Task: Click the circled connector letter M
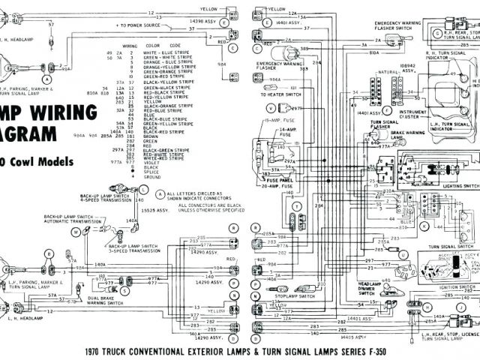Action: point(76,232)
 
